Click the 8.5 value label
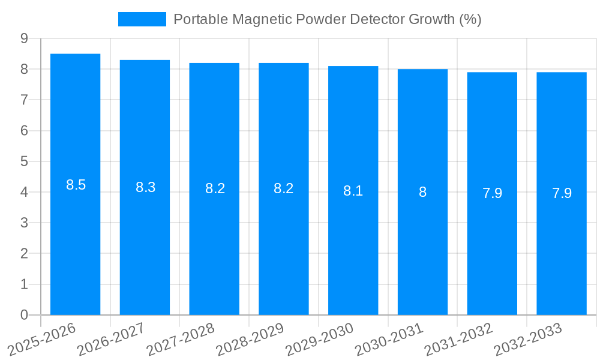[76, 185]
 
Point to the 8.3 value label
[145, 187]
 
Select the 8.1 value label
[353, 191]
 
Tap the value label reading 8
[422, 192]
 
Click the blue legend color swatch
[142, 19]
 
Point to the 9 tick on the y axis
[24, 38]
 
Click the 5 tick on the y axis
[24, 161]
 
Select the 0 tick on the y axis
[24, 315]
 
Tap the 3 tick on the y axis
[24, 223]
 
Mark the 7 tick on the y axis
[24, 100]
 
